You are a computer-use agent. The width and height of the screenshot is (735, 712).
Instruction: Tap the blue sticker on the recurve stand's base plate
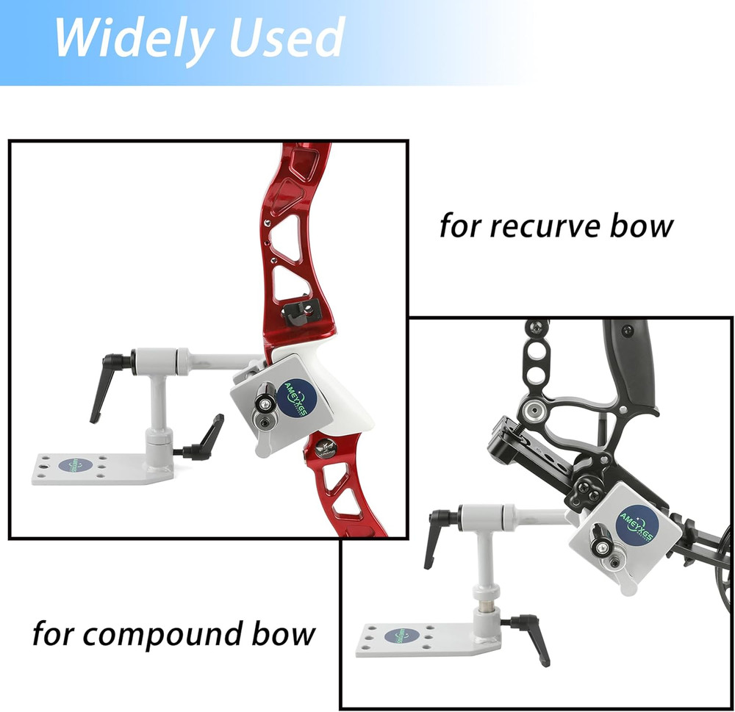click(71, 465)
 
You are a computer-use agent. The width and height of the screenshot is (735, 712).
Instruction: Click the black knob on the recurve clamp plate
click(264, 403)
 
